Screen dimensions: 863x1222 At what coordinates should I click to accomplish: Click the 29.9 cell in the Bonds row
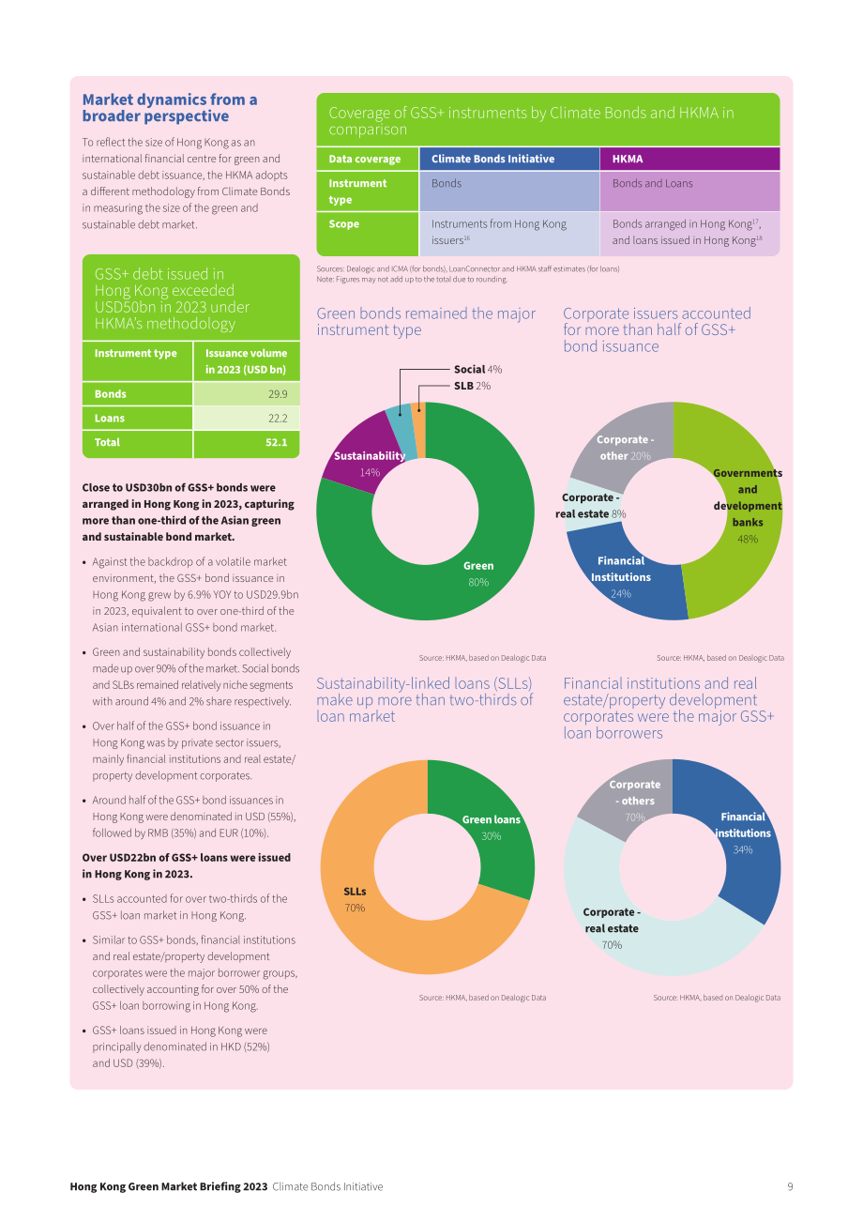point(247,394)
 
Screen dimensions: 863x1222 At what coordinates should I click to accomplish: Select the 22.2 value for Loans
point(247,418)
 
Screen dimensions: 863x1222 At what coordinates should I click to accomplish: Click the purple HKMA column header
point(689,159)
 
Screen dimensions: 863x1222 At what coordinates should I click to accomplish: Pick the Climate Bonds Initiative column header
point(509,159)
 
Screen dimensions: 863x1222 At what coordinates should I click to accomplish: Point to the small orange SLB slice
point(418,431)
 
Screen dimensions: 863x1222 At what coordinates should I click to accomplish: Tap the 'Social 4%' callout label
point(477,370)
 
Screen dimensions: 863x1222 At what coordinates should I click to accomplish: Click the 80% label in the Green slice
point(478,582)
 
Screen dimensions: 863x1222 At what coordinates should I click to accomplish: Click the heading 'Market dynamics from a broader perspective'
point(170,108)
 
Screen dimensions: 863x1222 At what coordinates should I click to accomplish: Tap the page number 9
point(790,1186)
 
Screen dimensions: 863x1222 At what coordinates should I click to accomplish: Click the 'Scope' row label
point(343,223)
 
